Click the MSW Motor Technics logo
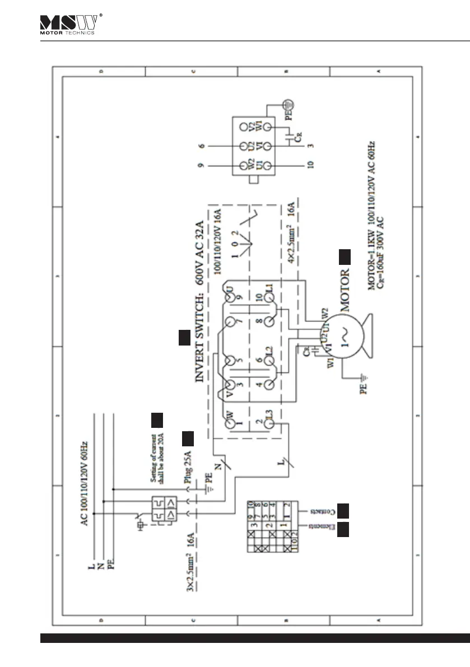(69, 24)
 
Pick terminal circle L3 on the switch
(268, 425)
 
